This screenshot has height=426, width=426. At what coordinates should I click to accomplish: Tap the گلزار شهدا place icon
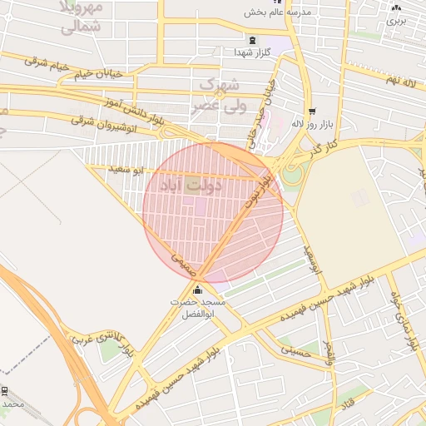tap(252, 40)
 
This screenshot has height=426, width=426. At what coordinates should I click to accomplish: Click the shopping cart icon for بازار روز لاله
tap(312, 111)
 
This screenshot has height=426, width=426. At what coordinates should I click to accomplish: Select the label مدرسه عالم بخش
tap(277, 12)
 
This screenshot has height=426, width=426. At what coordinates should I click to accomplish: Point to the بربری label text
tap(397, 21)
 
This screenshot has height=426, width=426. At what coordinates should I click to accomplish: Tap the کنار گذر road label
tap(323, 149)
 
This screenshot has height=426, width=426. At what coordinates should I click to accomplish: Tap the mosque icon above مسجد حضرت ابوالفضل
tap(197, 290)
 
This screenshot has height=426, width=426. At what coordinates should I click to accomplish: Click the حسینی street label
tap(295, 350)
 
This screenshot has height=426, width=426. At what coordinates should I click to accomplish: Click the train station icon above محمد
tap(6, 390)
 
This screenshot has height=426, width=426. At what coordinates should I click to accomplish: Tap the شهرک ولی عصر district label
tap(220, 95)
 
